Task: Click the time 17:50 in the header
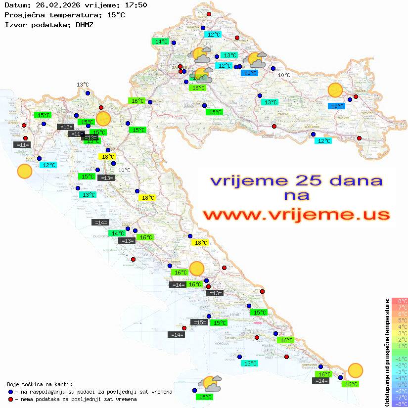point(136,5)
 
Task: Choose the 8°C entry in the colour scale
point(400,301)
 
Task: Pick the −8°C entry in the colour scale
point(400,404)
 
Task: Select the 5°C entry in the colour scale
point(400,320)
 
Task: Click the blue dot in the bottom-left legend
point(11,392)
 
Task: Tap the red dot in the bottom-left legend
point(11,399)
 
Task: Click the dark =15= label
point(199,322)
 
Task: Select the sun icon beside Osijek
point(335,90)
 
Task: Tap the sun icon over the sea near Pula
point(24,171)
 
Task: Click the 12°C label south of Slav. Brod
point(323,141)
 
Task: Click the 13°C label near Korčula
point(251,363)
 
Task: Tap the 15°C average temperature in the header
point(116,15)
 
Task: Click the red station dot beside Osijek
point(356,96)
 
